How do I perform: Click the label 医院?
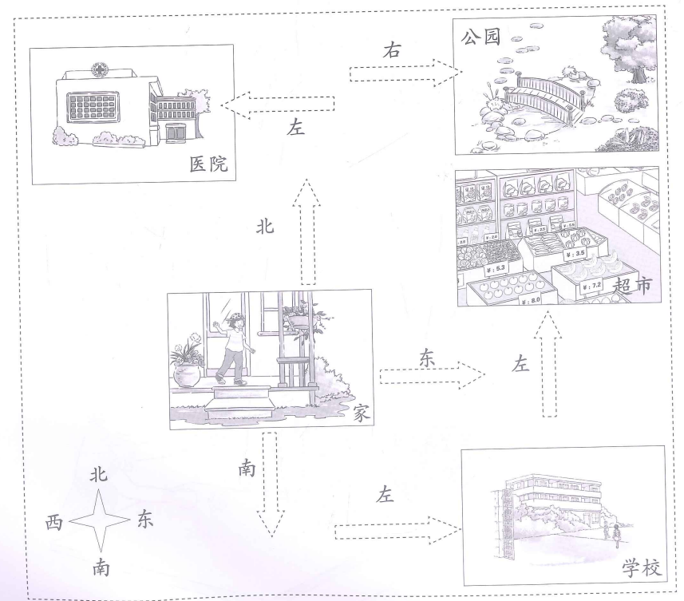[x=208, y=165]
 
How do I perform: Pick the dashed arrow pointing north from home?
[x=307, y=231]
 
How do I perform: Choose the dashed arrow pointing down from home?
[x=268, y=483]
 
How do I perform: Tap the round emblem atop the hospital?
[x=101, y=68]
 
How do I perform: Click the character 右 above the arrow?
[x=392, y=50]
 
